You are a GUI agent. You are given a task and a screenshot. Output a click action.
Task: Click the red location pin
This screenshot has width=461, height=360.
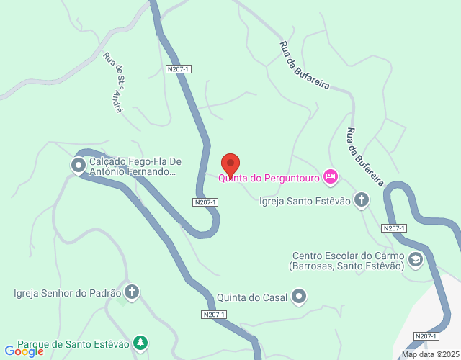230,164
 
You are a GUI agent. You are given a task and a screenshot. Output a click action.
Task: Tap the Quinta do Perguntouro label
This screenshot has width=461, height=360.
269,177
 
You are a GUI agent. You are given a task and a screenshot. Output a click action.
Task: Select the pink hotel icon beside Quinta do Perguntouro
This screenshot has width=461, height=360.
331,176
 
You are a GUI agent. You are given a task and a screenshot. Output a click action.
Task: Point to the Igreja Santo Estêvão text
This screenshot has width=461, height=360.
305,201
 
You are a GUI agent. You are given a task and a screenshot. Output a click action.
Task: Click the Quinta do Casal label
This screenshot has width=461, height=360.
251,297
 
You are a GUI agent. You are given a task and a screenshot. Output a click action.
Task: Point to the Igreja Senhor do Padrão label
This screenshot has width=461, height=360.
67,293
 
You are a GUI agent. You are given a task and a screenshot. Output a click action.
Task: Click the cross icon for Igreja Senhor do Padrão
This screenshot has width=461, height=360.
131,292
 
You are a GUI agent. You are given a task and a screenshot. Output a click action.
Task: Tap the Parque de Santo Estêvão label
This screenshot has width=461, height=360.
73,343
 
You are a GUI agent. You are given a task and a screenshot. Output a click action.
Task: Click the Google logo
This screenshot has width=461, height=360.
24,351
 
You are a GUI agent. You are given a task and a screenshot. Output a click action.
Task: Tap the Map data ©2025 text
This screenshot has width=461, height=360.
429,354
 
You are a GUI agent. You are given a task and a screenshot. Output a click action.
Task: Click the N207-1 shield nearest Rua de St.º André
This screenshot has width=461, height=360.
178,69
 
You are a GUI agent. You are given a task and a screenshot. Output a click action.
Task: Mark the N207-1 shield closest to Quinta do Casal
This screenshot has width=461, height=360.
214,315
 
